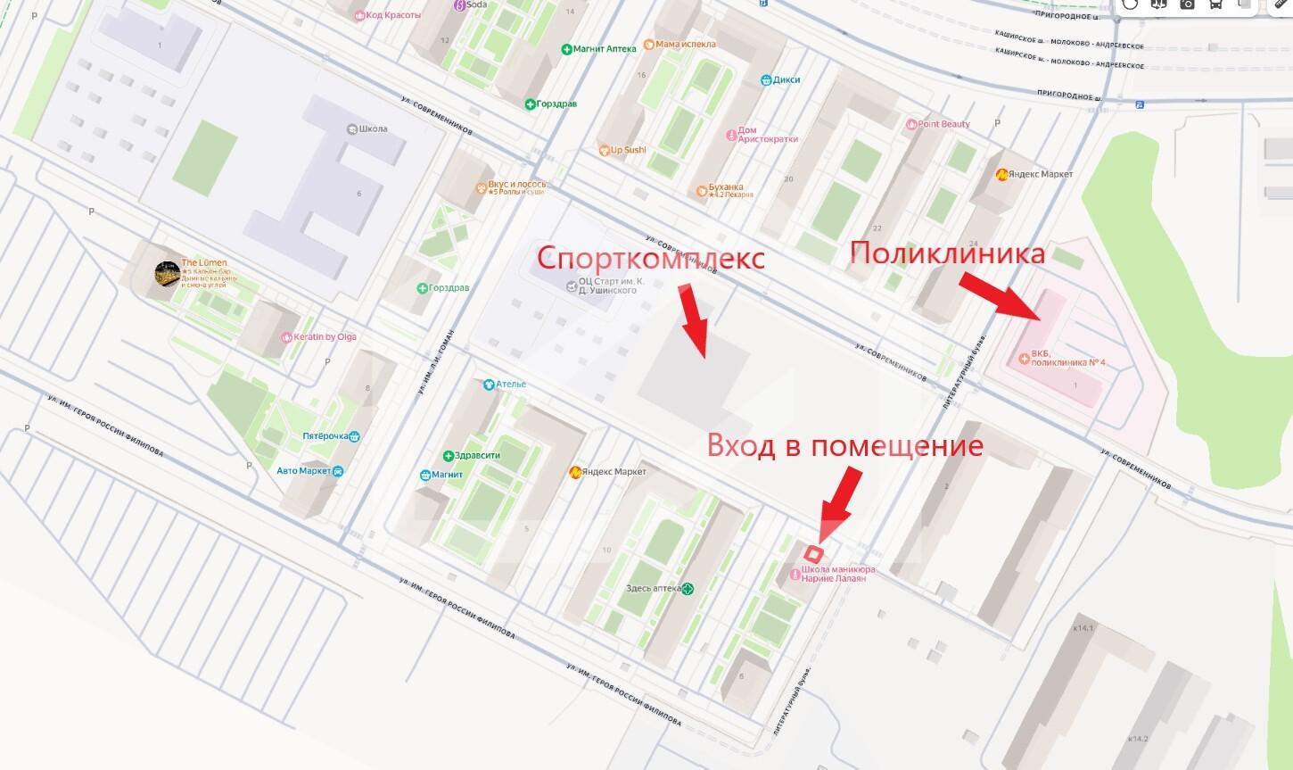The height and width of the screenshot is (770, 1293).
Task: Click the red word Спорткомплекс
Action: coord(650,260)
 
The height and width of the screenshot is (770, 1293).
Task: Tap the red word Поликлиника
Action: coord(947,253)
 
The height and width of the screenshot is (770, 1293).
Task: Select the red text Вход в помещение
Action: coord(844,445)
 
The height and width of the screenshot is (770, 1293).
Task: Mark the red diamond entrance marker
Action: coord(811,553)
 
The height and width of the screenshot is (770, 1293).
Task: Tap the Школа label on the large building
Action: coord(367,128)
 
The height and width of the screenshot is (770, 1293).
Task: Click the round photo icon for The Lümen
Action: coord(167,274)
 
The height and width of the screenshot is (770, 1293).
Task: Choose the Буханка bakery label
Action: coord(726,190)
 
